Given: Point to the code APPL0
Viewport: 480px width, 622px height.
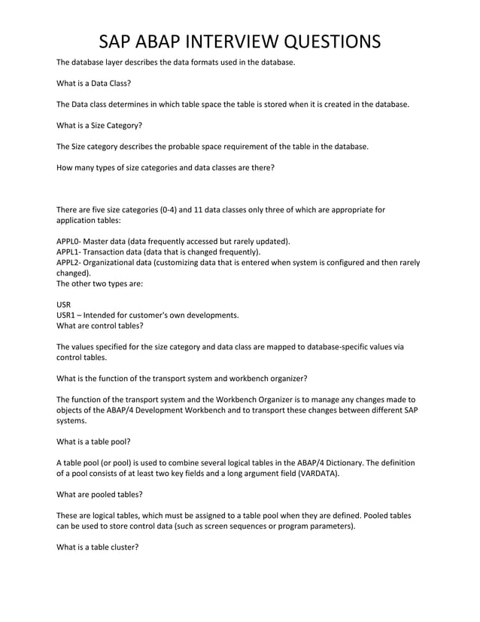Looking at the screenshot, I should point(69,241).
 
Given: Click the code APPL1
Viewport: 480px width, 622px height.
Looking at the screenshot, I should point(69,252).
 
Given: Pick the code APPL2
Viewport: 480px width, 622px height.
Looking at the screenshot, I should point(69,262).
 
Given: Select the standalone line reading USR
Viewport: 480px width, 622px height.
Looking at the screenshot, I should point(64,305).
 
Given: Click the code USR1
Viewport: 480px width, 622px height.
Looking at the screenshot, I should point(66,316).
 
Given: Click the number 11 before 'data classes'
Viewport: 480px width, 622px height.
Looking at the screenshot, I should point(203,209).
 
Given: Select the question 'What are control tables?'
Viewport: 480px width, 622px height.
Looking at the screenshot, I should point(100,326).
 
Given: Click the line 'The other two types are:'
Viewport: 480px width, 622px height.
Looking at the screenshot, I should point(100,284).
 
